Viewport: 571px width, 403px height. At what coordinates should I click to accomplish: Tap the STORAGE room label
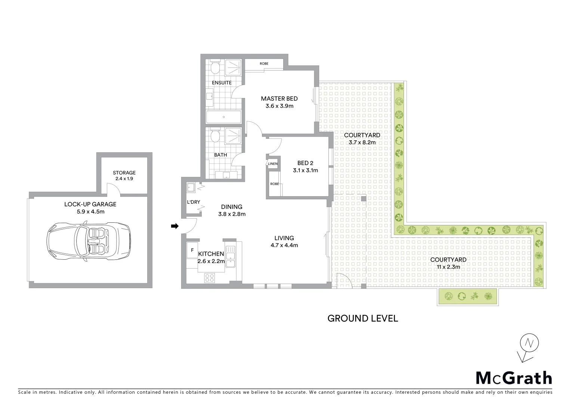point(124,173)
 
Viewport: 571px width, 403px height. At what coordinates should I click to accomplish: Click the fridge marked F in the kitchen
point(192,250)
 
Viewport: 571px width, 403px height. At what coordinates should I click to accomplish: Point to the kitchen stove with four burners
point(210,278)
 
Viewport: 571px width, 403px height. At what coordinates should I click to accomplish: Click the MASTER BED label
point(279,99)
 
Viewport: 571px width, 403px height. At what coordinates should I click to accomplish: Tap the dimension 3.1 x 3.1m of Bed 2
point(305,171)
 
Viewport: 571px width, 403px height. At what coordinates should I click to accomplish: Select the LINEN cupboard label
point(273,164)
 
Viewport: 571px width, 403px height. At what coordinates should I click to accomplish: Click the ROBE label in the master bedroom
point(264,64)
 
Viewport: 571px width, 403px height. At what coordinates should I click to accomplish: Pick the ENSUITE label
point(222,82)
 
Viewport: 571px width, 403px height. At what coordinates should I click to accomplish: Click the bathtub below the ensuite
point(223,117)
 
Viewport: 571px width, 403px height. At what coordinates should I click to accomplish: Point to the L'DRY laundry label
point(193,202)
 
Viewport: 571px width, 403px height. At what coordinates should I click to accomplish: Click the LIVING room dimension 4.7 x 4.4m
point(284,245)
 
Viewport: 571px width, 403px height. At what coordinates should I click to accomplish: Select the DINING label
point(232,207)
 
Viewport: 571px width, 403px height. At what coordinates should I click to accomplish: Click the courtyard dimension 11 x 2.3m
point(448,267)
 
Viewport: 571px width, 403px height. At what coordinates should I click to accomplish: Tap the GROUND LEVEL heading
point(362,318)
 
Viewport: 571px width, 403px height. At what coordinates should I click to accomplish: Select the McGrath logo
point(513,378)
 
